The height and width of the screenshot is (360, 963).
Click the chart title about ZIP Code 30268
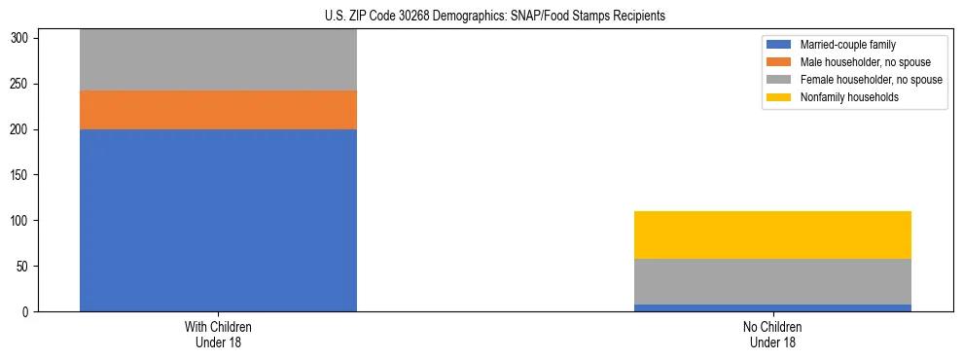495,17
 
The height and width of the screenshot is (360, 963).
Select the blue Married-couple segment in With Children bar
218,220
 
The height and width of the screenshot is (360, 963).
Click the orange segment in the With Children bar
218,110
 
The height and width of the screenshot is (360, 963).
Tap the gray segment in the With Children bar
218,60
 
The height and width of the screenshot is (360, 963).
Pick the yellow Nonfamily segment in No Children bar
772,234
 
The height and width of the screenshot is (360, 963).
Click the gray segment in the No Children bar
772,281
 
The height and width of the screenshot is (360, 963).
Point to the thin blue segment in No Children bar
772,307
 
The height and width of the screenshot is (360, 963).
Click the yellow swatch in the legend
779,97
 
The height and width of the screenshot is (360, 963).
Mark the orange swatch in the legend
779,62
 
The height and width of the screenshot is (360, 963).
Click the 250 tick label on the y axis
24,84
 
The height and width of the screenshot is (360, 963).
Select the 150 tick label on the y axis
24,175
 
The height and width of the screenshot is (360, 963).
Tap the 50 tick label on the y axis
27,267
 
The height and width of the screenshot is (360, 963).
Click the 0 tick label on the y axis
30,312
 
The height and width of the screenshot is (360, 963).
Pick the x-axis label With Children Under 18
218,334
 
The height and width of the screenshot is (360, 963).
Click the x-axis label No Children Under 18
772,334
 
